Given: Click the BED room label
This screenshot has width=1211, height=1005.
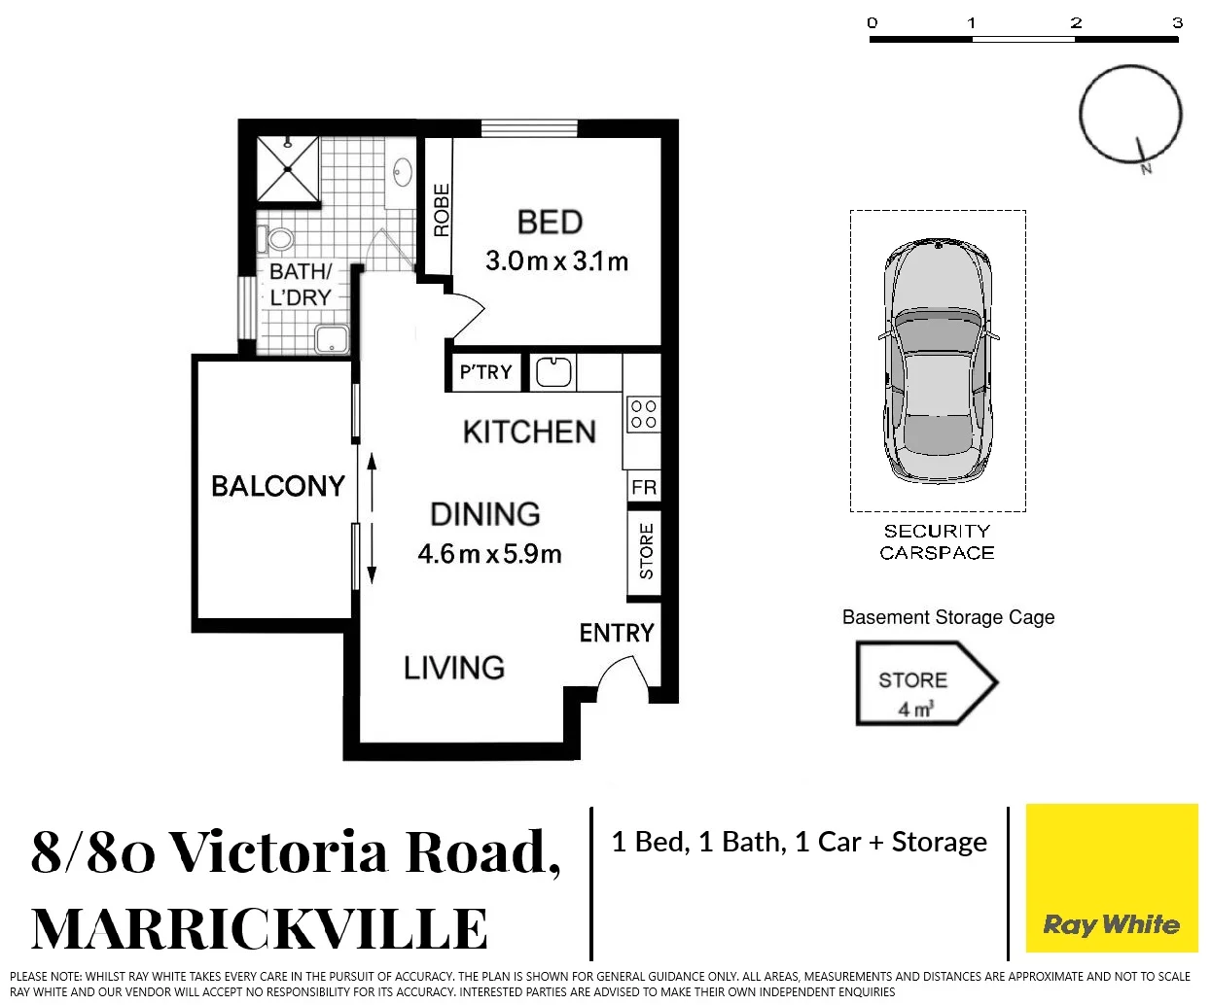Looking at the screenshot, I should [x=550, y=223].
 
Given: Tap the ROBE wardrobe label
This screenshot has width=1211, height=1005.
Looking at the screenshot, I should [x=441, y=210].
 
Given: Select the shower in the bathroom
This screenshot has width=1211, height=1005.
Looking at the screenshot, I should [x=288, y=169].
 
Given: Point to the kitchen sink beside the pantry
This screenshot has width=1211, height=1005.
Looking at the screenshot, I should [x=553, y=371].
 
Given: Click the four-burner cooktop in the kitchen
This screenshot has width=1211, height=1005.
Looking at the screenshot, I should [x=643, y=413].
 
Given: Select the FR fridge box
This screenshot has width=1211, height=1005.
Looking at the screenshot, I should [x=644, y=487].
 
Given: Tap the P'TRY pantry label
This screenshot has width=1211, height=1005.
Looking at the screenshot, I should [x=485, y=372].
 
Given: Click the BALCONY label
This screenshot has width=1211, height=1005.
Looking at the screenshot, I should [x=278, y=486].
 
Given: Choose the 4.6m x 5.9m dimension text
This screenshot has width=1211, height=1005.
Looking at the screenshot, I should [x=489, y=554].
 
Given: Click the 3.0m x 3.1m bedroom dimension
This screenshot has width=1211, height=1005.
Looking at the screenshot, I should [x=556, y=261].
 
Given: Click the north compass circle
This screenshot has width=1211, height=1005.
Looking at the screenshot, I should [x=1129, y=114].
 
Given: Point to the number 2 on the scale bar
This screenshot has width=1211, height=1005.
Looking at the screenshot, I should [x=1076, y=22].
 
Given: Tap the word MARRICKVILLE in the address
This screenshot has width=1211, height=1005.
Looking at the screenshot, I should [x=260, y=929].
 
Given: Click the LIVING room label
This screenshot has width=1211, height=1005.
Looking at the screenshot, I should [x=454, y=668].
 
